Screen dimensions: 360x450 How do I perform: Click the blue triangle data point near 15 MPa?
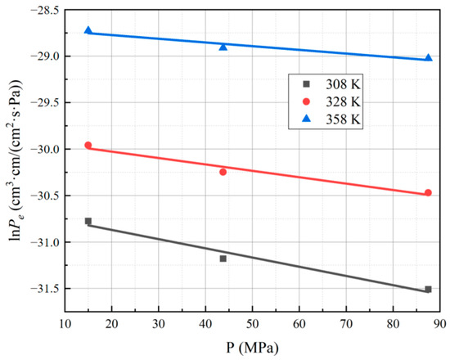coord(88,30)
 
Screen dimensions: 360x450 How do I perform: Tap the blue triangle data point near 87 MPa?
coord(428,58)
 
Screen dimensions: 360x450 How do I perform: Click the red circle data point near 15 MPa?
coord(88,146)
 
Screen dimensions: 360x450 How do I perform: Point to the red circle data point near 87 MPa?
coord(428,193)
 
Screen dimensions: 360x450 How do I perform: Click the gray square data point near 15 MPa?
coord(88,221)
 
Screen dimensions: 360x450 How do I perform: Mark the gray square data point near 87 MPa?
coord(428,289)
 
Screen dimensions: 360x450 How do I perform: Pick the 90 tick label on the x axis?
coord(440,323)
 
